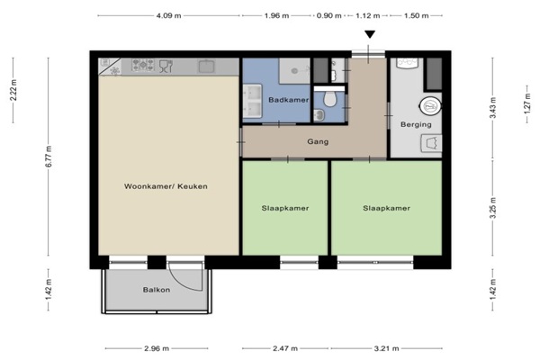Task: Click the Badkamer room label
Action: pyautogui.click(x=289, y=100)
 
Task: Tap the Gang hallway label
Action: pyautogui.click(x=318, y=141)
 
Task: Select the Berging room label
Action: pyautogui.click(x=416, y=124)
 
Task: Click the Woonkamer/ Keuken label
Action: pyautogui.click(x=166, y=186)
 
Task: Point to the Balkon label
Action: pyautogui.click(x=157, y=290)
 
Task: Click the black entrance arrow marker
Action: pyautogui.click(x=370, y=34)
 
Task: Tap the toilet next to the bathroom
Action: pyautogui.click(x=330, y=99)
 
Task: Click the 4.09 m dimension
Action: pyautogui.click(x=169, y=16)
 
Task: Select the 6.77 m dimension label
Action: pyautogui.click(x=49, y=157)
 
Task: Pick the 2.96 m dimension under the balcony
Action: pyautogui.click(x=157, y=348)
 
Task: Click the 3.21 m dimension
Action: pyautogui.click(x=386, y=348)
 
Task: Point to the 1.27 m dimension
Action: pyautogui.click(x=527, y=103)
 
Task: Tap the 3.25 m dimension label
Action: pyautogui.click(x=493, y=208)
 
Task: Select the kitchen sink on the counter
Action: pyautogui.click(x=206, y=66)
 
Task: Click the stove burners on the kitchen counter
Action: pyautogui.click(x=143, y=65)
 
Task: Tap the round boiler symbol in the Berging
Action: pyautogui.click(x=430, y=106)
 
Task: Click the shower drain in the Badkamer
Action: pyautogui.click(x=294, y=71)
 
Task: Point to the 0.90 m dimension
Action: pyautogui.click(x=328, y=16)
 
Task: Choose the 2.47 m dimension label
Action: pyautogui.click(x=285, y=348)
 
